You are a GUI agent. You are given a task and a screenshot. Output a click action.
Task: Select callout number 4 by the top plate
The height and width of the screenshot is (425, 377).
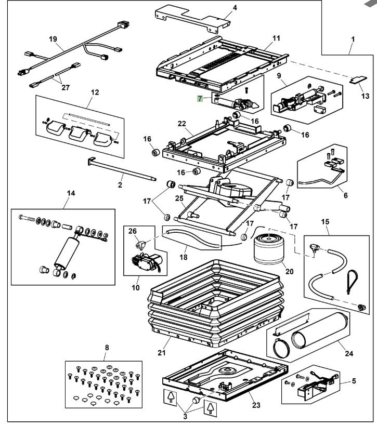pyautogui.click(x=220, y=7)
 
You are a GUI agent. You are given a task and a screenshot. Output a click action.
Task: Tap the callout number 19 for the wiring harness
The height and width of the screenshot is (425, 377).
pyautogui.click(x=53, y=38)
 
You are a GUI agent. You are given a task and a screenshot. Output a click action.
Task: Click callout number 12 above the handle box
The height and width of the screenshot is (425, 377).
pyautogui.click(x=94, y=92)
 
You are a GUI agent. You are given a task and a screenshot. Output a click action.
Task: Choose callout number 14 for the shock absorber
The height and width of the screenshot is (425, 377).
pyautogui.click(x=71, y=193)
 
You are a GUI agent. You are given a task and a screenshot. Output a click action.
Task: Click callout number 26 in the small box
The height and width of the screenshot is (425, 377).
pyautogui.click(x=132, y=231)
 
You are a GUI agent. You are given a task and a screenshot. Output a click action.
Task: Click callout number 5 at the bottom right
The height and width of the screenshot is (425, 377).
pyautogui.click(x=354, y=380)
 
